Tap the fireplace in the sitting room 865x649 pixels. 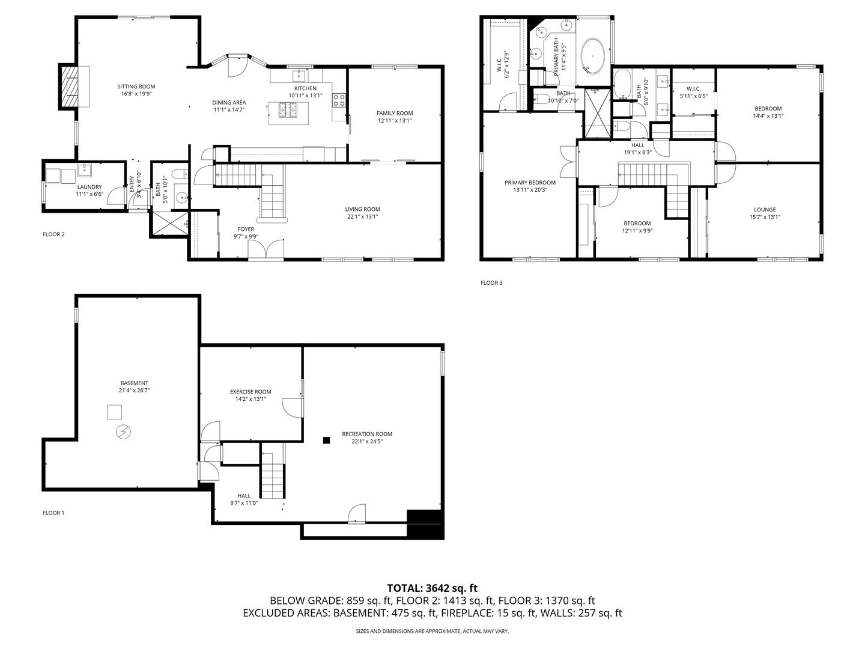click(73, 87)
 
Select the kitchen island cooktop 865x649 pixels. click(289, 110)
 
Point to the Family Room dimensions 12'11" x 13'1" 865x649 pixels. click(395, 121)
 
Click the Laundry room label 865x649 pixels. click(89, 187)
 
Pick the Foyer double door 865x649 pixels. click(266, 249)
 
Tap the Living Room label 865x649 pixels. click(362, 209)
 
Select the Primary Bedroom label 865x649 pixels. click(530, 183)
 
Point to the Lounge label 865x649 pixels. click(765, 210)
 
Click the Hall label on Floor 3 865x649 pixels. click(637, 145)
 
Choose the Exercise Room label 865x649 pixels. click(250, 392)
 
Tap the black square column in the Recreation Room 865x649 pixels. click(326, 440)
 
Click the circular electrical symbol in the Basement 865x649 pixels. click(124, 431)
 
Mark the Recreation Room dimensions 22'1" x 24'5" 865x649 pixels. click(367, 441)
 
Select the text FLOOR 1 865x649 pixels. click(53, 513)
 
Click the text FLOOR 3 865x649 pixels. click(491, 282)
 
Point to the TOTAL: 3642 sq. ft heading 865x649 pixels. click(432, 588)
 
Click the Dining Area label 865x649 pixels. click(229, 103)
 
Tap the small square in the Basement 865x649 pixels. click(115, 412)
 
